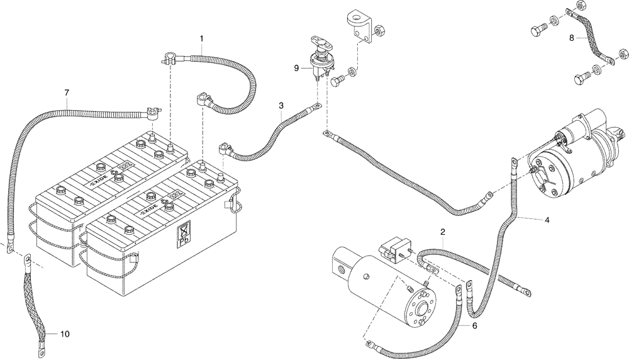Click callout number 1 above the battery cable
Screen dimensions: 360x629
pos(201,38)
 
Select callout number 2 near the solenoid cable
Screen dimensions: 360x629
pos(443,232)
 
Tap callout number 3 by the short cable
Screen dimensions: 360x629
pos(282,106)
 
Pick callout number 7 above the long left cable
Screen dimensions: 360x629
pos(66,93)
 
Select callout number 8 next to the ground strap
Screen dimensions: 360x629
pos(571,38)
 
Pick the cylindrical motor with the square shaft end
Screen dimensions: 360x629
pos(384,290)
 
